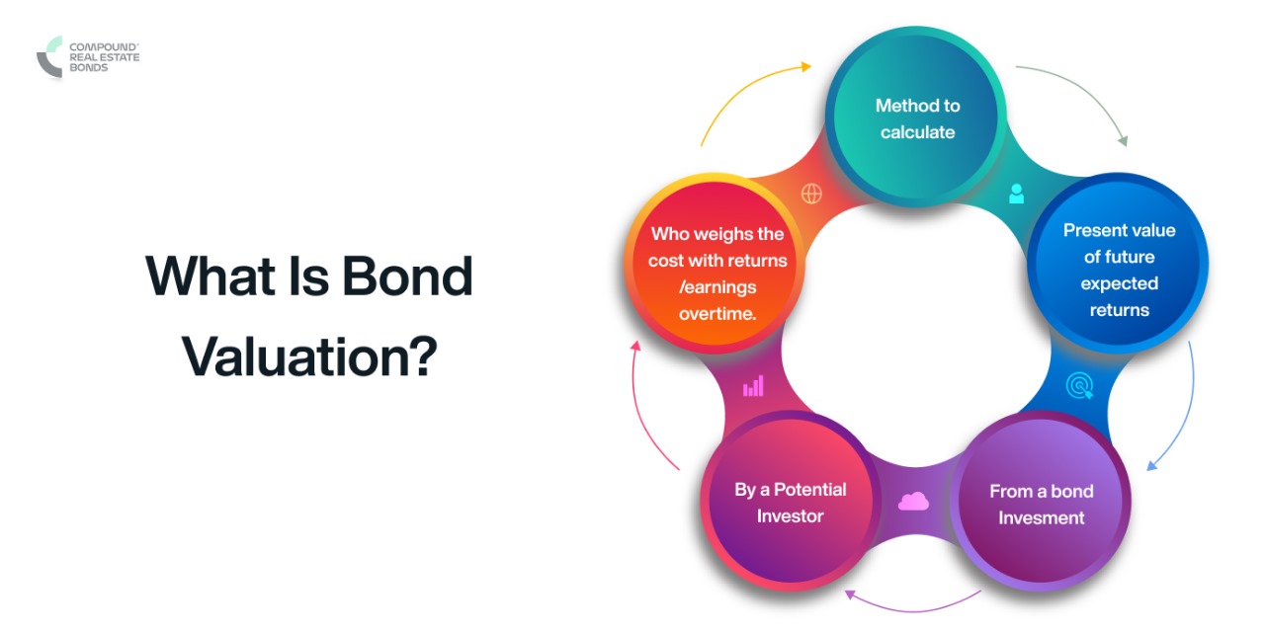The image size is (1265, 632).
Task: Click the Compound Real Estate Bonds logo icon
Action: coord(49,56)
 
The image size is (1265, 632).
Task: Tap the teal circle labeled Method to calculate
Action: coord(916,118)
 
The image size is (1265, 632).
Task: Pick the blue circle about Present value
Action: coord(1119,270)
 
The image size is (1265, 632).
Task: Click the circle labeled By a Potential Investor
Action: coord(790,503)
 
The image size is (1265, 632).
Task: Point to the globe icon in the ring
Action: coord(811,195)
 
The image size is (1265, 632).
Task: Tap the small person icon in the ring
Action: coord(1016,194)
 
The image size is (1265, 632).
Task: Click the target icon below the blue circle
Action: coord(1079,386)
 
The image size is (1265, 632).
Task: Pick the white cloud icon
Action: coord(913,502)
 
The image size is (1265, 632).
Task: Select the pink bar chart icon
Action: coord(753,385)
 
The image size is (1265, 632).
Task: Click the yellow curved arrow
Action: coord(751,89)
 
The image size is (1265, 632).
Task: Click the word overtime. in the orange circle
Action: coord(717,314)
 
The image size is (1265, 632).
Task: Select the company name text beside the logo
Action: coord(104,56)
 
